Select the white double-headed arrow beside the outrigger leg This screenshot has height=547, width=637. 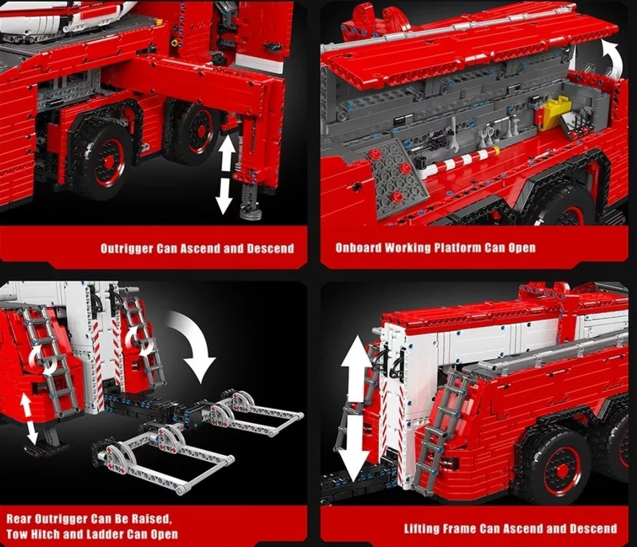225,175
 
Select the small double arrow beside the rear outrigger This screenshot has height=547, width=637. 29,418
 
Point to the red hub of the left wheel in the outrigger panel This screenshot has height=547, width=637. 108,162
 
